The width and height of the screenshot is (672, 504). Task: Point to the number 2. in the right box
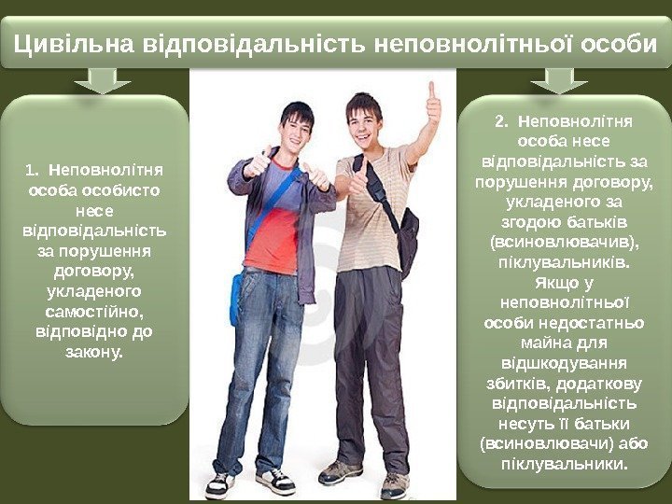click(503, 121)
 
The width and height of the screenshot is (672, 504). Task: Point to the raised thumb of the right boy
click(432, 99)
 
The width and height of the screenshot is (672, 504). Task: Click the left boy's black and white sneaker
click(274, 481)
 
